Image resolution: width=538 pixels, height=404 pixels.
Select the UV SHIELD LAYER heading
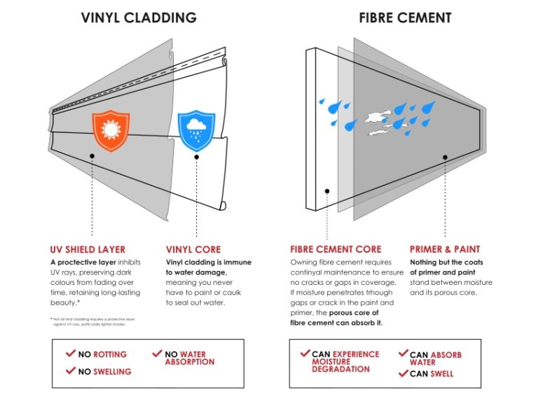pos(88,249)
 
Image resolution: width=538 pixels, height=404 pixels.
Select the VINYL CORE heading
pos(193,249)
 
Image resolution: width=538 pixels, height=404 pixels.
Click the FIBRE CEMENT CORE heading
pos(336,249)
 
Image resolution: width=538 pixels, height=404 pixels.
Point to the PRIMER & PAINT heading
pos(445,249)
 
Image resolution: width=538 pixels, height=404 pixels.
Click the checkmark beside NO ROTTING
pos(70,355)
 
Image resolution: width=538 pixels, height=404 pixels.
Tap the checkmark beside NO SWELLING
pos(70,371)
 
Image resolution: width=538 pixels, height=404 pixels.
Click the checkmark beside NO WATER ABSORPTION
pos(157,355)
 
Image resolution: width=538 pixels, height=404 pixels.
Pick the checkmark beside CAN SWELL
pos(402,374)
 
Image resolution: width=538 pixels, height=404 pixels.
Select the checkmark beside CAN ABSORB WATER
pos(402,355)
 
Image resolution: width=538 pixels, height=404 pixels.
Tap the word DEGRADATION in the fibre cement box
pos(340,369)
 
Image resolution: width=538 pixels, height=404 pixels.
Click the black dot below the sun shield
pos(92,157)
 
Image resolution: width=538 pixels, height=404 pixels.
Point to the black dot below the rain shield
pos(197,157)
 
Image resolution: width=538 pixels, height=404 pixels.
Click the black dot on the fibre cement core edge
pos(326,190)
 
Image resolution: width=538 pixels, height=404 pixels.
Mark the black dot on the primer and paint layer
pos(443,157)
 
